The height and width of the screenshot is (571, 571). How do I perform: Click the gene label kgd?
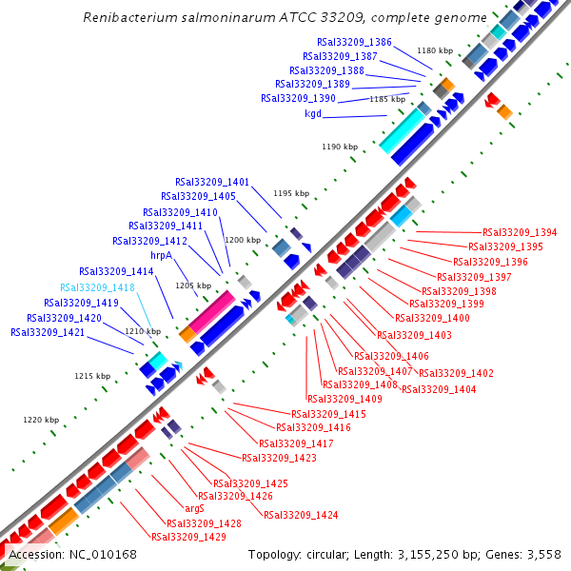point(313,113)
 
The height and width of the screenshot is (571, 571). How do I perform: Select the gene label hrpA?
point(160,256)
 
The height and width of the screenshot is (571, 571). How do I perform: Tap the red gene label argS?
point(181,509)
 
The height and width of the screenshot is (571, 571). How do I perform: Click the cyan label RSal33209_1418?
point(97,287)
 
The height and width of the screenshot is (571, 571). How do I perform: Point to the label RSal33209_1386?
point(354,42)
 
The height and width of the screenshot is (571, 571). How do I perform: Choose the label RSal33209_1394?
point(520,232)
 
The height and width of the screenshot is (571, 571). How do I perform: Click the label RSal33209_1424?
point(301,515)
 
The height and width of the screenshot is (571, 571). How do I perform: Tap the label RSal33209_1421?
point(48,332)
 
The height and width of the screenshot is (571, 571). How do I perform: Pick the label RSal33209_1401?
point(212,182)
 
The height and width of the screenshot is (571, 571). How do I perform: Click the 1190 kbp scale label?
point(340,147)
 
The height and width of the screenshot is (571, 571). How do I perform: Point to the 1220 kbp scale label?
point(41,420)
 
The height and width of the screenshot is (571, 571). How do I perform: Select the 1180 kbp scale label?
point(435,50)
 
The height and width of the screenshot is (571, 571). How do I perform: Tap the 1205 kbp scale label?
point(192,285)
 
